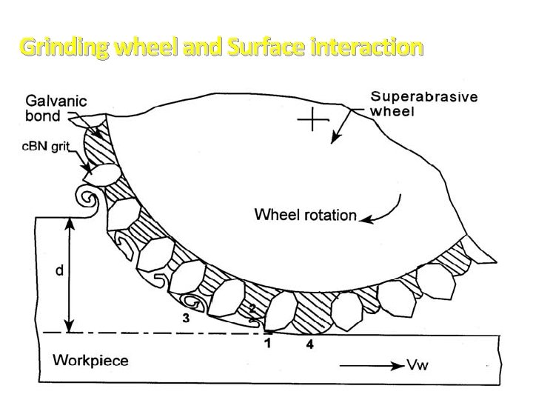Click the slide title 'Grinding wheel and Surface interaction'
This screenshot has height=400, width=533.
pos(221,48)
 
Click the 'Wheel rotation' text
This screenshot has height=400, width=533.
pos(305,216)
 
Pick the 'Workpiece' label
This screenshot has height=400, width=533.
pos(90,361)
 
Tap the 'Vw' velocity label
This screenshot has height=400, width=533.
pos(416,364)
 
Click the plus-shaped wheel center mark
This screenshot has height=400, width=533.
pos(314,121)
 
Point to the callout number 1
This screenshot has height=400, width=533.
pos(268,342)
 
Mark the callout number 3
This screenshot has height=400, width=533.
pos(187,319)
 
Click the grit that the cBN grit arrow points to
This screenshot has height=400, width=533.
pos(101,174)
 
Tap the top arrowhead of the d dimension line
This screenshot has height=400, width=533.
pos(69,221)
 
